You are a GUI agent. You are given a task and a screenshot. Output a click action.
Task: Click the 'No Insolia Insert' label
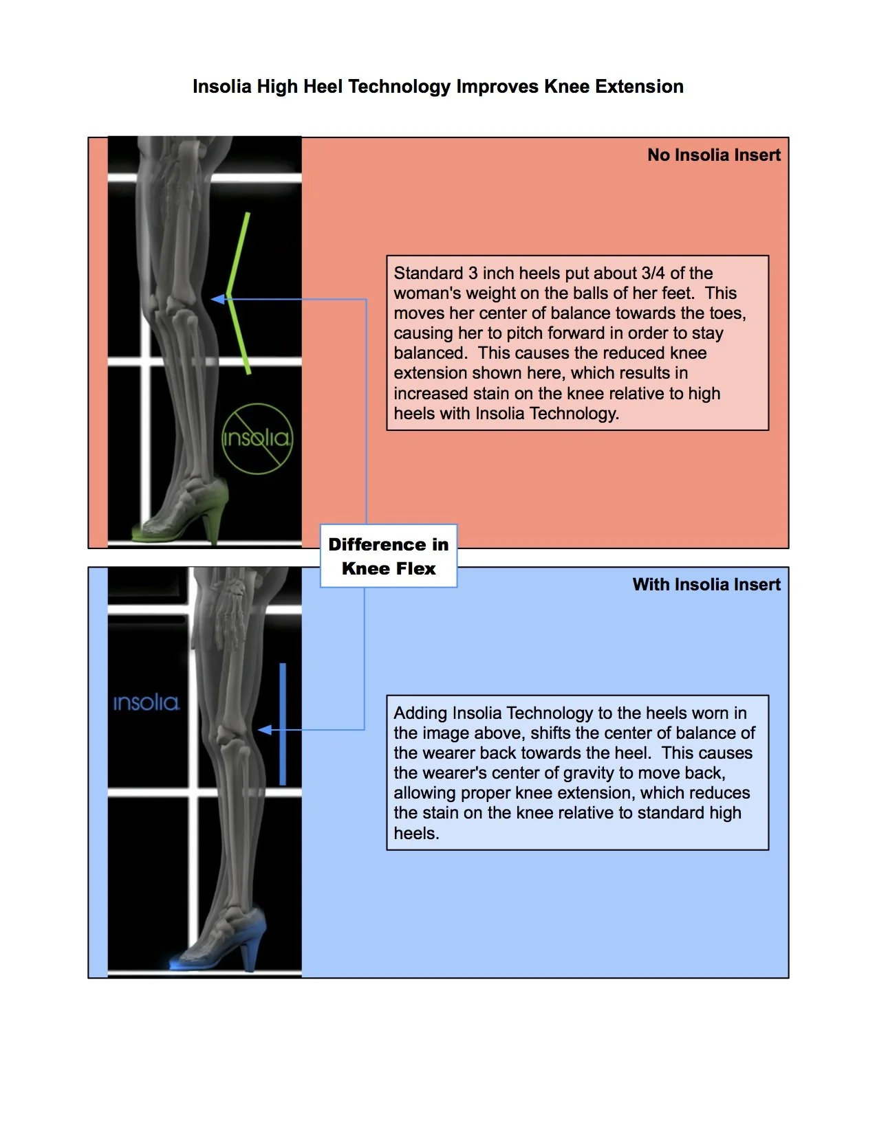pyautogui.click(x=713, y=155)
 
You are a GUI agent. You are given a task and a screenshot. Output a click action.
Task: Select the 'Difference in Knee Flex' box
pyautogui.click(x=389, y=556)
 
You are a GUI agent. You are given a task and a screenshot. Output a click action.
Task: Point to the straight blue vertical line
pyautogui.click(x=282, y=723)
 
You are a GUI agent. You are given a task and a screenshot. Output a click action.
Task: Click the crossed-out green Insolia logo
pyautogui.click(x=257, y=438)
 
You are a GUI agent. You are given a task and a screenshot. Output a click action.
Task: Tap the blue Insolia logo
pyautogui.click(x=146, y=702)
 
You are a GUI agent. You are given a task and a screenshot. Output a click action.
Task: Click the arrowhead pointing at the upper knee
pyautogui.click(x=218, y=299)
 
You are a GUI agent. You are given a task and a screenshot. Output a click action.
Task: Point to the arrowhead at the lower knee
pyautogui.click(x=265, y=730)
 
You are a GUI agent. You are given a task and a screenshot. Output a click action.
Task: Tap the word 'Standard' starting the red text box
pyautogui.click(x=428, y=274)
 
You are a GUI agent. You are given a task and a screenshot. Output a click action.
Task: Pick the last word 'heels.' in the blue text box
pyautogui.click(x=415, y=834)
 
